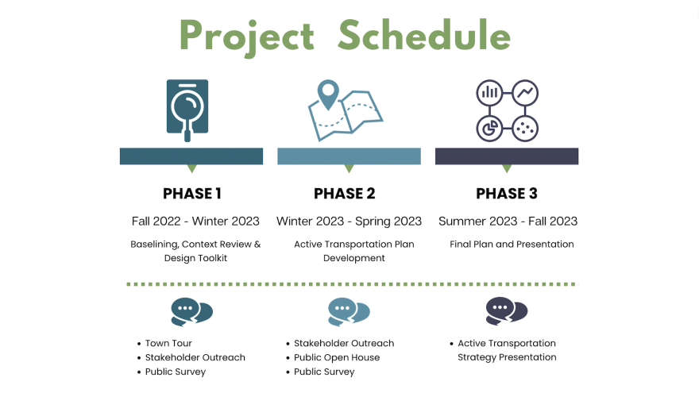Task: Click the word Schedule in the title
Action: [x=424, y=35]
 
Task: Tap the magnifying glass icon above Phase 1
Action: [x=187, y=111]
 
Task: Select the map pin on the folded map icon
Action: [x=328, y=94]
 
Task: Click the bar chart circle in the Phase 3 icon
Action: [x=489, y=93]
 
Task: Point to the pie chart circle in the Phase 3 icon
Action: [x=489, y=129]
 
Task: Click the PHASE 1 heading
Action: [x=192, y=194]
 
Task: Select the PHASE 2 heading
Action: [x=345, y=194]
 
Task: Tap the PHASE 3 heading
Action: [x=507, y=194]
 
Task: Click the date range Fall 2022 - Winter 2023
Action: [x=195, y=221]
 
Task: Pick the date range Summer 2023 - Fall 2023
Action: [x=508, y=221]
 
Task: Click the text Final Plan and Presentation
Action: [x=512, y=245]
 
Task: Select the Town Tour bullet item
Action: [x=168, y=343]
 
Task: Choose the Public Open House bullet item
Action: [x=337, y=357]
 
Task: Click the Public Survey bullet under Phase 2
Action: [x=324, y=372]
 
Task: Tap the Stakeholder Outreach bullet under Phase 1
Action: [x=195, y=357]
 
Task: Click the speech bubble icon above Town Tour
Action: [x=191, y=312]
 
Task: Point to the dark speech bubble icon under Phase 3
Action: [x=507, y=311]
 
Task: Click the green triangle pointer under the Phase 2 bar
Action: [x=349, y=168]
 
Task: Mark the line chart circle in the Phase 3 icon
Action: [x=525, y=93]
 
